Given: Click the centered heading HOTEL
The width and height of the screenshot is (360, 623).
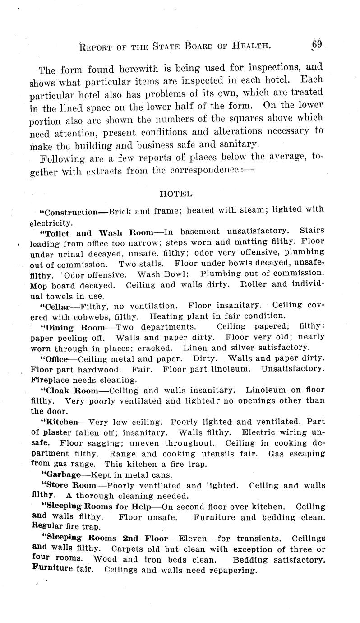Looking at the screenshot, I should (176, 194).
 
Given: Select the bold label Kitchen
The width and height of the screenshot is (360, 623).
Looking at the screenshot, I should (61, 423).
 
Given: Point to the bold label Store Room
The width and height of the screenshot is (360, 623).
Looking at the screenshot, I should (70, 486).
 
